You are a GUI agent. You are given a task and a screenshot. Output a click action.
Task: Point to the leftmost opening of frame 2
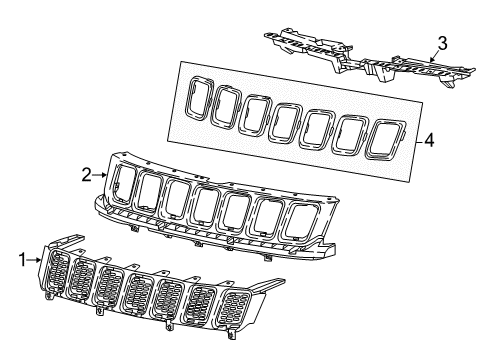point(126,187)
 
